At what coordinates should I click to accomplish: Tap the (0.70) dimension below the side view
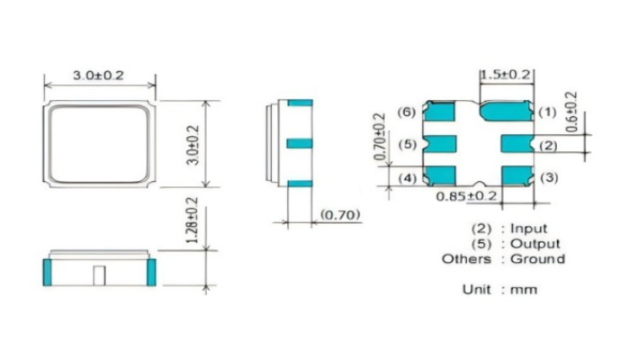339,216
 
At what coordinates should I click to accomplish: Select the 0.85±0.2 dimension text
466,195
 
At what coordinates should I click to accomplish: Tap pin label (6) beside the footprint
406,112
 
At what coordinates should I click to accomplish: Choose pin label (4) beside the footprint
406,178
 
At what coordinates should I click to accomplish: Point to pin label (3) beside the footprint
548,178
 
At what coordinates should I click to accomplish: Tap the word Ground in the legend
537,259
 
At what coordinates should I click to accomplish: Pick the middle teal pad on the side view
300,142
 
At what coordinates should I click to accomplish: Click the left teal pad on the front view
47,271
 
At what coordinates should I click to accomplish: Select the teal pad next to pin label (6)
439,112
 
